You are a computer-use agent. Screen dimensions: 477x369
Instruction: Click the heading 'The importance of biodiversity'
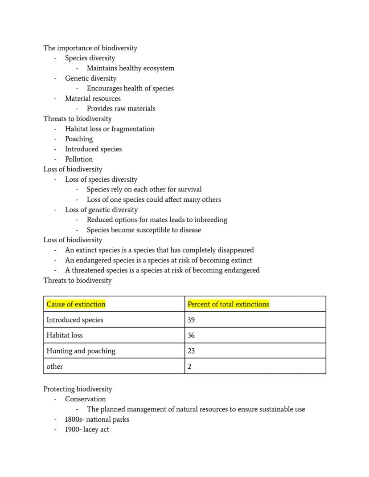coord(90,48)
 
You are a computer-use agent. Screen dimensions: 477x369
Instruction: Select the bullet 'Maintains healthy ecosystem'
coord(130,68)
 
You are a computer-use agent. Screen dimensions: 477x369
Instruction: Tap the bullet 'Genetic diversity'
coord(90,78)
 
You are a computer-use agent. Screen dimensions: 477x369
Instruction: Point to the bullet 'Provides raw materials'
coord(121,109)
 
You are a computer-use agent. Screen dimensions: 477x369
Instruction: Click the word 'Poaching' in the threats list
coord(79,139)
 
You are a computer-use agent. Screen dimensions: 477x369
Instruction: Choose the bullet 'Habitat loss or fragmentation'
coord(110,129)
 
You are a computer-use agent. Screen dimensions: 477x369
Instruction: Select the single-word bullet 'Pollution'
coord(79,159)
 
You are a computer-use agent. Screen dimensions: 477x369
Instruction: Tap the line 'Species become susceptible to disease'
coord(143,230)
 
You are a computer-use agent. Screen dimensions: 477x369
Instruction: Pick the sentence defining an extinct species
coord(159,250)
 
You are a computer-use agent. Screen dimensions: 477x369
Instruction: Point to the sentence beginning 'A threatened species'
coord(162,270)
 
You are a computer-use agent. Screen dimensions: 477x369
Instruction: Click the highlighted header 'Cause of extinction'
coord(76,304)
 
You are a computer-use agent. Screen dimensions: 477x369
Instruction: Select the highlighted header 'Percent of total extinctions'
coord(228,304)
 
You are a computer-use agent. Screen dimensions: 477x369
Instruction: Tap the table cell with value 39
coord(191,320)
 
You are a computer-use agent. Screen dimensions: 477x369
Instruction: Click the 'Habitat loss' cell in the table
coord(65,335)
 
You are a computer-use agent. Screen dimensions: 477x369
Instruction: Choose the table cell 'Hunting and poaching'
coord(81,351)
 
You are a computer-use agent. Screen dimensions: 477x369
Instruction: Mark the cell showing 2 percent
coord(189,367)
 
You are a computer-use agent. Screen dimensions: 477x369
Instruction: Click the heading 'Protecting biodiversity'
coord(78,389)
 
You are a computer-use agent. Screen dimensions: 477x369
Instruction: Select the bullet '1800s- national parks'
coord(97,420)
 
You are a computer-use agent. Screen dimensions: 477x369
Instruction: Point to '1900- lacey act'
coord(87,430)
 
